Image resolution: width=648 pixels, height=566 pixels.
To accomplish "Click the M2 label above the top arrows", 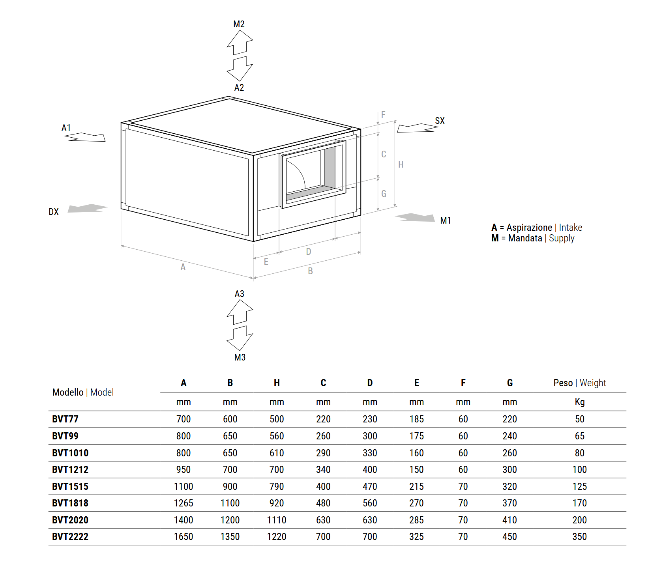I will [239, 24].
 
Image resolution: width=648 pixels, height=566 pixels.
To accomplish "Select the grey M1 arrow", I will [416, 217].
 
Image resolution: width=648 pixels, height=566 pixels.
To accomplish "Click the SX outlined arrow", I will [416, 128].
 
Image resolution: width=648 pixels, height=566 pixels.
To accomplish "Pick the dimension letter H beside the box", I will [401, 164].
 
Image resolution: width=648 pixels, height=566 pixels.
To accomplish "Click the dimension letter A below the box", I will [183, 267].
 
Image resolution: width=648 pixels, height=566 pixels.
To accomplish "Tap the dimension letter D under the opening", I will [309, 252].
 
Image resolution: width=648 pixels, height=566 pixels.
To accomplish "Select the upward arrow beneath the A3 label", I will [240, 312].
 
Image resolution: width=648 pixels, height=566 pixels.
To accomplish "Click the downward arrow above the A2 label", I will [240, 69].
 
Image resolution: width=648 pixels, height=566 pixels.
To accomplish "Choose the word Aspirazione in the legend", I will [529, 228].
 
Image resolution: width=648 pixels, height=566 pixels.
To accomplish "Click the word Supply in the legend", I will [562, 238].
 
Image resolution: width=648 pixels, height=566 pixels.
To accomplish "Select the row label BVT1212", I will [70, 470].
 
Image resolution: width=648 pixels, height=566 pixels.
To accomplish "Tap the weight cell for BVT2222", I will [579, 537].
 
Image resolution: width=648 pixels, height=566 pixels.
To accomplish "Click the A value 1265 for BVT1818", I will [184, 503].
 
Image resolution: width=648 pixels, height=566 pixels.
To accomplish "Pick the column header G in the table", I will [509, 383].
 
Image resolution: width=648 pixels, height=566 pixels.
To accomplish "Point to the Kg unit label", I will [579, 402].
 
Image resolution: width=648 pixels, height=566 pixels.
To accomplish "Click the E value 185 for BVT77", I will [416, 419].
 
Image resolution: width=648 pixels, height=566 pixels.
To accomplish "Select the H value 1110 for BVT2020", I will [277, 520].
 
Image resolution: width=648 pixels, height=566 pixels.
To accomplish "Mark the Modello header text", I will [68, 392].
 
